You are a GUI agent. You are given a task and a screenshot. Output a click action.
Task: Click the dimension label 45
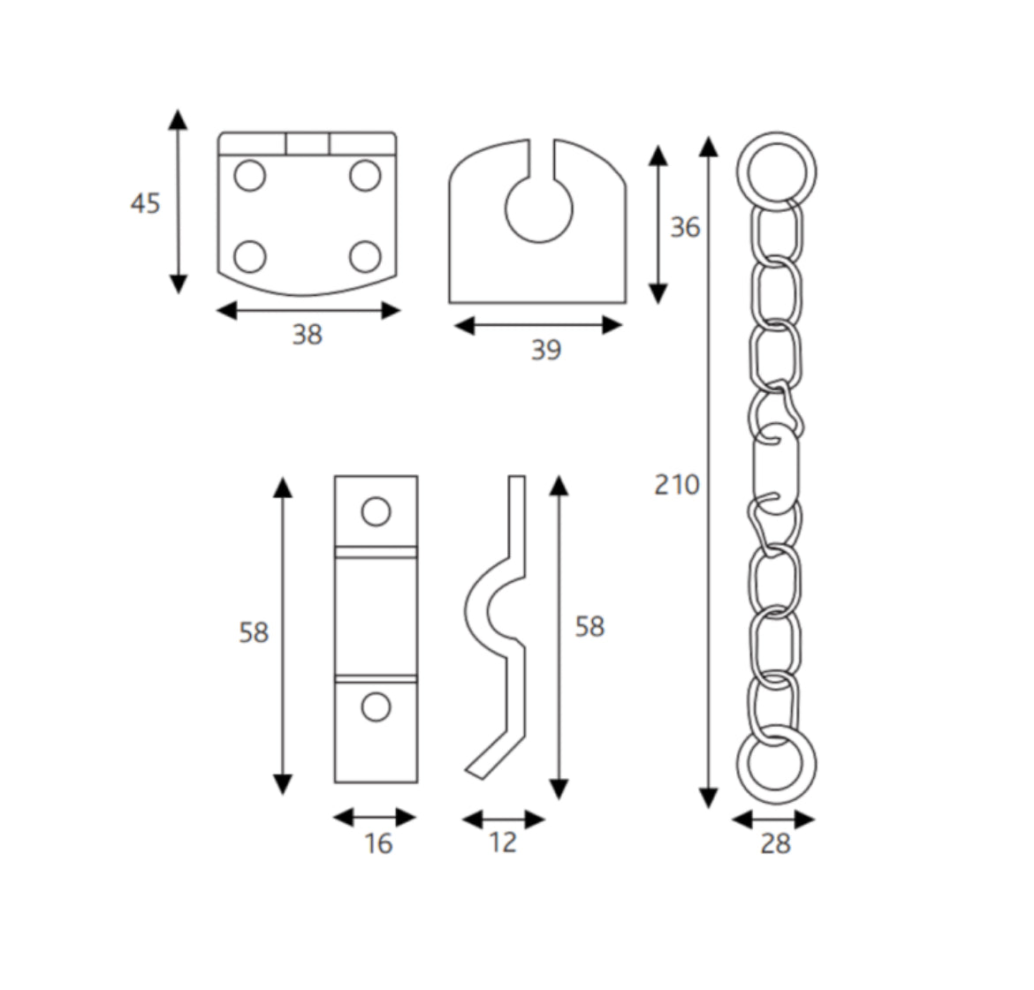coord(146,204)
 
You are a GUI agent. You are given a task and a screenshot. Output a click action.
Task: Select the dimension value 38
coord(308,335)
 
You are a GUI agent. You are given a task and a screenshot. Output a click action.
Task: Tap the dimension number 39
coord(545,351)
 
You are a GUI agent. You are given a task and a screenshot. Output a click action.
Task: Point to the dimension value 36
coord(684,228)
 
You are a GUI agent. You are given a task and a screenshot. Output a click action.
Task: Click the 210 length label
coord(676,484)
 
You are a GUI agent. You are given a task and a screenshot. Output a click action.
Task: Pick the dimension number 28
coord(775,844)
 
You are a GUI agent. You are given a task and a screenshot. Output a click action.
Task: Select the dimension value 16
coord(377,844)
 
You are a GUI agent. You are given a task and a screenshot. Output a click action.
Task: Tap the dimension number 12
coord(502,843)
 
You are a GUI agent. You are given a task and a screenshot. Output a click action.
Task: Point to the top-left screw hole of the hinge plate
coord(249,176)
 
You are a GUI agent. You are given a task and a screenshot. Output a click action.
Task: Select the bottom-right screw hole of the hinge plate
coord(365,257)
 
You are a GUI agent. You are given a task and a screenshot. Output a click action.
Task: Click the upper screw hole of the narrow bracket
coord(376,511)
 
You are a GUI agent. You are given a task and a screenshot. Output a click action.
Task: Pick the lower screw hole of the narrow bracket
coord(376,707)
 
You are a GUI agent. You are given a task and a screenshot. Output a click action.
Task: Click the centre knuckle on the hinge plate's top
coord(308,143)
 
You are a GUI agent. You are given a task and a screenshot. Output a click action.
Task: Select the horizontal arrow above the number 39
coord(537,326)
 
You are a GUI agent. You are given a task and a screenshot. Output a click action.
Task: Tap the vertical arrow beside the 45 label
coord(179,201)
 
